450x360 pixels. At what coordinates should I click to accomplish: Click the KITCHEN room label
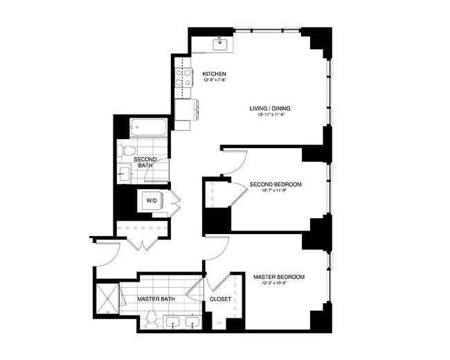(213, 74)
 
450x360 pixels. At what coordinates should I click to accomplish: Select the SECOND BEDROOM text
(276, 184)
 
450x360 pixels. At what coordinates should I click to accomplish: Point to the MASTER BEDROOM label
(279, 277)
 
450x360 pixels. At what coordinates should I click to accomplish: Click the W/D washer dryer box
(152, 200)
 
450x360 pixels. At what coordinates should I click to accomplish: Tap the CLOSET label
(220, 300)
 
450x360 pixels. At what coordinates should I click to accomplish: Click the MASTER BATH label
(155, 300)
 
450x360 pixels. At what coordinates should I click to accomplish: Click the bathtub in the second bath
(148, 127)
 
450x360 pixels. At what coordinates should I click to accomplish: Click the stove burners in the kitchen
(183, 80)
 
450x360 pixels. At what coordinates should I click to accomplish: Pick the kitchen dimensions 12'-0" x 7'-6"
(215, 81)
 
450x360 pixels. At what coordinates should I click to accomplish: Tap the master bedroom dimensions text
(279, 284)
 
